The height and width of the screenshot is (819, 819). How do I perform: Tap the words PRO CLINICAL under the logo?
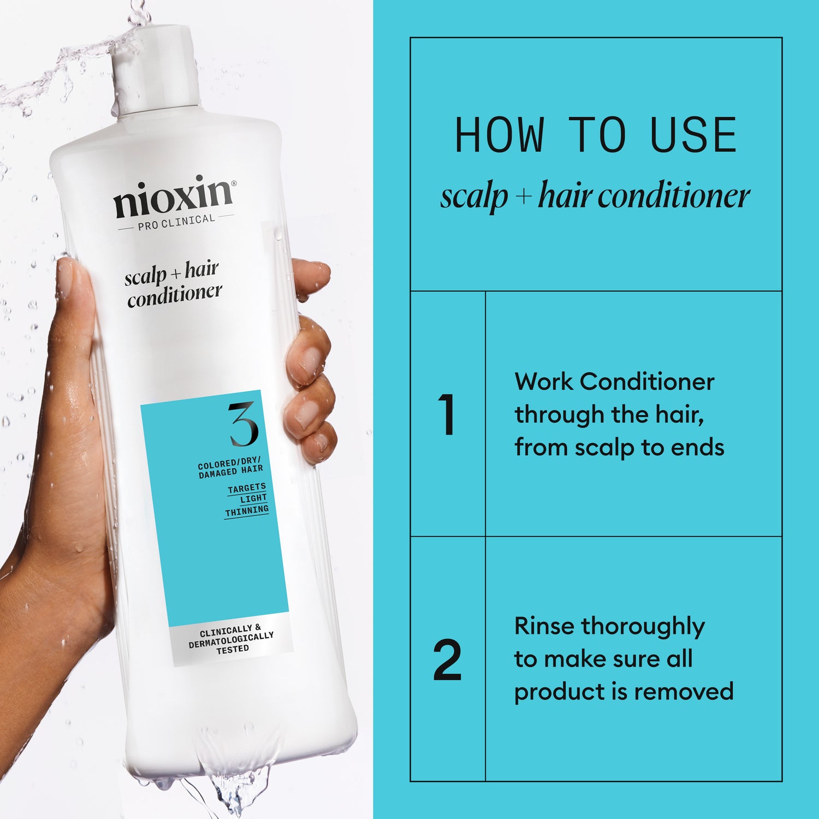pyautogui.click(x=176, y=222)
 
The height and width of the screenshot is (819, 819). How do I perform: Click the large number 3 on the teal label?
pyautogui.click(x=243, y=424)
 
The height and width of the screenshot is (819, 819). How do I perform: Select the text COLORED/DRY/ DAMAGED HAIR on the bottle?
pyautogui.click(x=230, y=468)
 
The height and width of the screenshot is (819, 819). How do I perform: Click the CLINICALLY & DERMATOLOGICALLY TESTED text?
pyautogui.click(x=231, y=639)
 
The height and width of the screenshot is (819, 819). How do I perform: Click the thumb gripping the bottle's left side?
pyautogui.click(x=74, y=306)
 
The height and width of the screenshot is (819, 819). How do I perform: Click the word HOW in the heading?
pyautogui.click(x=500, y=135)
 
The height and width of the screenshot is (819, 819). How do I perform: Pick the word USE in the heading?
pyautogui.click(x=693, y=135)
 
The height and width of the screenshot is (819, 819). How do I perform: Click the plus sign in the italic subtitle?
pyautogui.click(x=523, y=196)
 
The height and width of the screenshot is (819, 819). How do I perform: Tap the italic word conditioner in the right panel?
pyautogui.click(x=674, y=196)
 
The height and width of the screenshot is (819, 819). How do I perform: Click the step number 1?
pyautogui.click(x=447, y=414)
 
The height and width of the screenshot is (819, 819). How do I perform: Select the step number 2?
pyautogui.click(x=447, y=660)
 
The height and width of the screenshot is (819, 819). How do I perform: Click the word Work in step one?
pyautogui.click(x=544, y=382)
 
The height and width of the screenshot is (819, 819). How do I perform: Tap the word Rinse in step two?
pyautogui.click(x=544, y=626)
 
